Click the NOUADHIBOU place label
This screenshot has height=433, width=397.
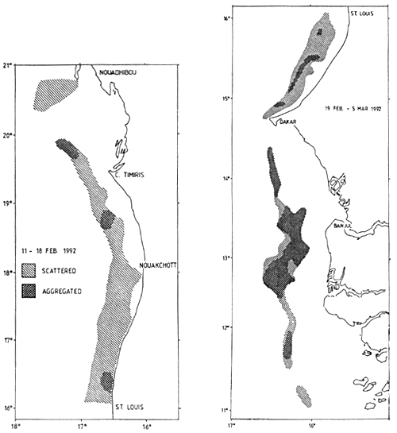tap(119, 73)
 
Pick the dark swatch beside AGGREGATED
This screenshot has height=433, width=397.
tap(27, 291)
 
